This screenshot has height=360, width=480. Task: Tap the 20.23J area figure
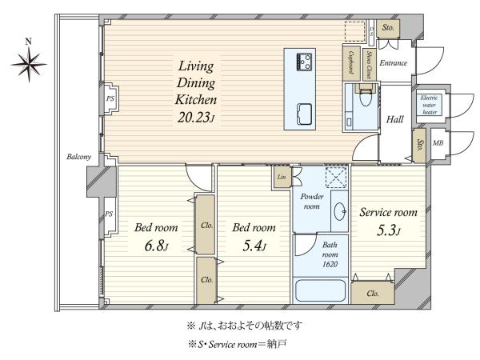click(195, 117)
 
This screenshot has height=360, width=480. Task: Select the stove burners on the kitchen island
click(304, 62)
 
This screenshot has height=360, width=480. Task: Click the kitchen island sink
click(305, 114)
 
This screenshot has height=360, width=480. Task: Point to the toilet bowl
click(365, 97)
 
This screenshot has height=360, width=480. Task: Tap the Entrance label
click(394, 63)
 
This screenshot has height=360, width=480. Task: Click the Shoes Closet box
click(369, 65)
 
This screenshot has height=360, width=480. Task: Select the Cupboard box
click(351, 63)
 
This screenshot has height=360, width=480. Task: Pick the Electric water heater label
click(429, 105)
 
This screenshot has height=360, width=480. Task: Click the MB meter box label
click(438, 143)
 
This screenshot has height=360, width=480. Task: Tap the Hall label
click(394, 119)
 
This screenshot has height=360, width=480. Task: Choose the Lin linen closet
click(282, 177)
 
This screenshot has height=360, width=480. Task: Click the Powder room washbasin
click(340, 211)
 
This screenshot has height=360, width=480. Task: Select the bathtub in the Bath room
click(320, 290)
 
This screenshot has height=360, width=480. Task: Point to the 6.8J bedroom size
click(156, 246)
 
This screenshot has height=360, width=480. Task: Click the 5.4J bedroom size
click(254, 246)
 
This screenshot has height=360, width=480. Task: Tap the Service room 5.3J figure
click(388, 230)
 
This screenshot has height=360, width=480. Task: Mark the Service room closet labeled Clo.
click(373, 293)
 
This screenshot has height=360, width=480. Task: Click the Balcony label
click(79, 157)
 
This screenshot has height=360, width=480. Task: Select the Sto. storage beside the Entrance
click(388, 28)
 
